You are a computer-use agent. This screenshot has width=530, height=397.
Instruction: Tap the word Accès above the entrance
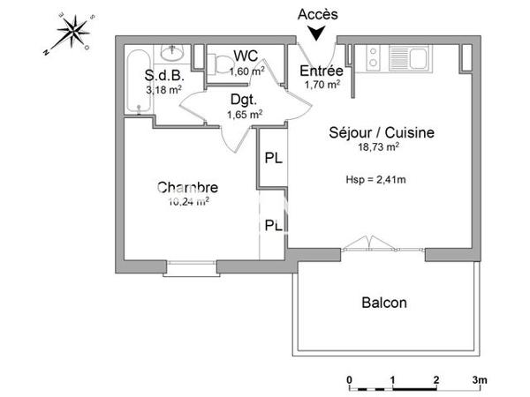(x=316, y=15)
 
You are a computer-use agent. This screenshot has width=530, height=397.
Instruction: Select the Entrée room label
(x=321, y=71)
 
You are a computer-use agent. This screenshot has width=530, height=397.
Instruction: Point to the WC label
(x=246, y=56)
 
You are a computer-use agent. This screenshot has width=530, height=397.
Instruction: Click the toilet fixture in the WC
(x=216, y=60)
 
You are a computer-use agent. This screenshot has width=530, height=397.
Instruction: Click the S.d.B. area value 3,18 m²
(x=164, y=89)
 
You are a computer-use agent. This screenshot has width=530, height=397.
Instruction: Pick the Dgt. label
(x=244, y=100)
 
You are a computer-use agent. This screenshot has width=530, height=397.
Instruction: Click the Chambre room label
(x=186, y=188)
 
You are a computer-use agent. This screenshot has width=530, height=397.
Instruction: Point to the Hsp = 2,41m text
(x=375, y=180)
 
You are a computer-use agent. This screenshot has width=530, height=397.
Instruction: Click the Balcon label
(x=384, y=303)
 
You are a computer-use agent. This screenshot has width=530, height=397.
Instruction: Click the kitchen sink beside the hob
(x=411, y=56)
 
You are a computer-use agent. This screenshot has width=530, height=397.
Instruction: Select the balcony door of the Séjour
(x=369, y=248)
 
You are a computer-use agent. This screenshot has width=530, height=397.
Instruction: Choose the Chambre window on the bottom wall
(x=190, y=264)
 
